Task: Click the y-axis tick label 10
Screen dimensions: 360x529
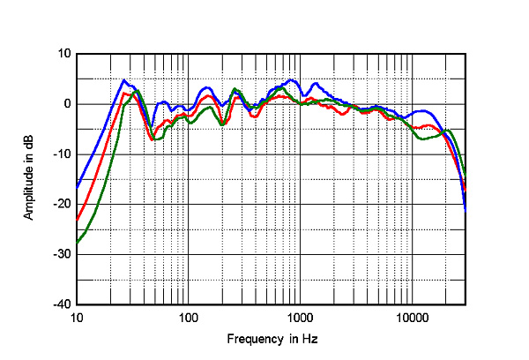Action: (63, 54)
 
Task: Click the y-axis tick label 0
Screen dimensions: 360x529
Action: (66, 104)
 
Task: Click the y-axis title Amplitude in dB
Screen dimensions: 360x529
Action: (29, 179)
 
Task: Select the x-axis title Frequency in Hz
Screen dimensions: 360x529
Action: (272, 339)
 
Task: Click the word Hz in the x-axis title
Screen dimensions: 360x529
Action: (308, 339)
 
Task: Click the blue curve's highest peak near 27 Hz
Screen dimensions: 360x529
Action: (124, 80)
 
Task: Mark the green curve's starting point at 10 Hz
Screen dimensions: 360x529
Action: (78, 242)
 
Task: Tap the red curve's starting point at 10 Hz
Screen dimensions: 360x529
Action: (78, 219)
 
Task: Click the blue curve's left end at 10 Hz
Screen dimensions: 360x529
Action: (78, 187)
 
